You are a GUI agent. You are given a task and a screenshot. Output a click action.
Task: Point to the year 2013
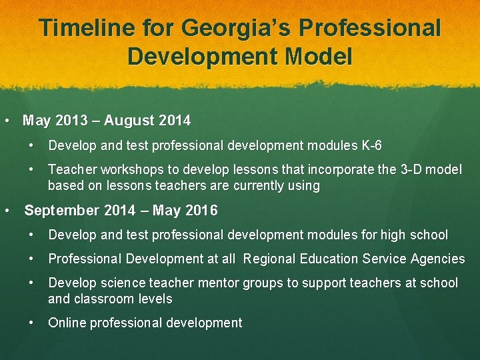71,121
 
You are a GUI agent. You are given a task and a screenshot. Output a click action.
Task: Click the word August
130,121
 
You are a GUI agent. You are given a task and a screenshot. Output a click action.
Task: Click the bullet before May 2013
6,121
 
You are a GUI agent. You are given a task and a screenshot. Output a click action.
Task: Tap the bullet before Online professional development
32,323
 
